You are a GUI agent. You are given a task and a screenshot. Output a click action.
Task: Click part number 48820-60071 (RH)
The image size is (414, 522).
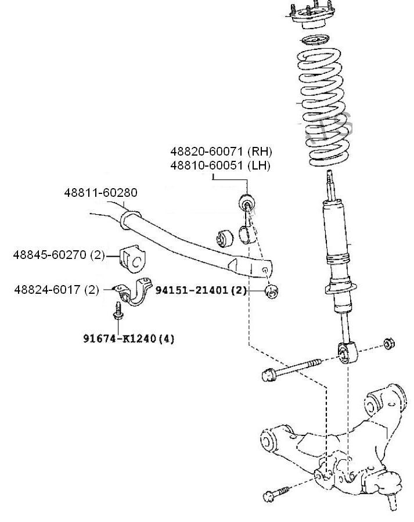[221, 152]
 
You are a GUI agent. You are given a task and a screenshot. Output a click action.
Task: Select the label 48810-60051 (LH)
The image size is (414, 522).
[221, 165]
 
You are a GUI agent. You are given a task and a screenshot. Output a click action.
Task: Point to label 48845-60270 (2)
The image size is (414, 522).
[58, 254]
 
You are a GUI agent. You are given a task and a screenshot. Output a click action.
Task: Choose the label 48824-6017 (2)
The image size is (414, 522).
[56, 289]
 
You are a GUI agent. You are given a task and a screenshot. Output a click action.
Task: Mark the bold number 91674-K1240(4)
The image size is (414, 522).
[128, 338]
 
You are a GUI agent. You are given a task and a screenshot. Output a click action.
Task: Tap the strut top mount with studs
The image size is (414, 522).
[311, 17]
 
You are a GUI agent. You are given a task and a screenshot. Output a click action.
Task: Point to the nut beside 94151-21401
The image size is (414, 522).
[271, 290]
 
